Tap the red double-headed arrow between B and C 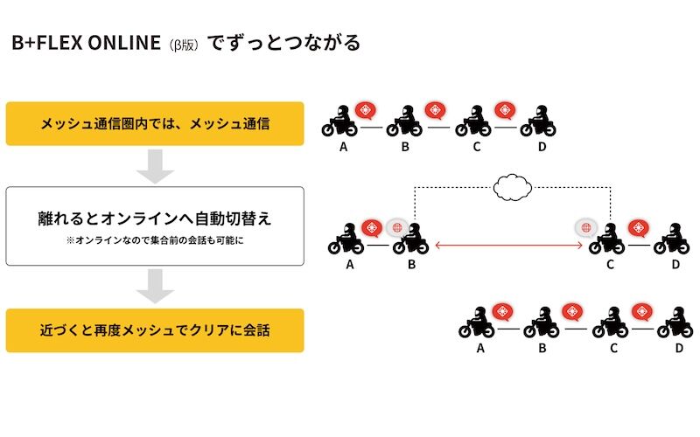click(x=509, y=247)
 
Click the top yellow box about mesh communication click(x=155, y=123)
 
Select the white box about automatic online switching click(x=155, y=225)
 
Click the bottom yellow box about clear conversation click(x=155, y=330)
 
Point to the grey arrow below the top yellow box click(x=155, y=165)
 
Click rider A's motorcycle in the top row click(x=339, y=122)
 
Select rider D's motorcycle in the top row click(x=538, y=122)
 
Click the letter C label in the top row click(x=477, y=146)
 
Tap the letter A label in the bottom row click(x=480, y=348)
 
